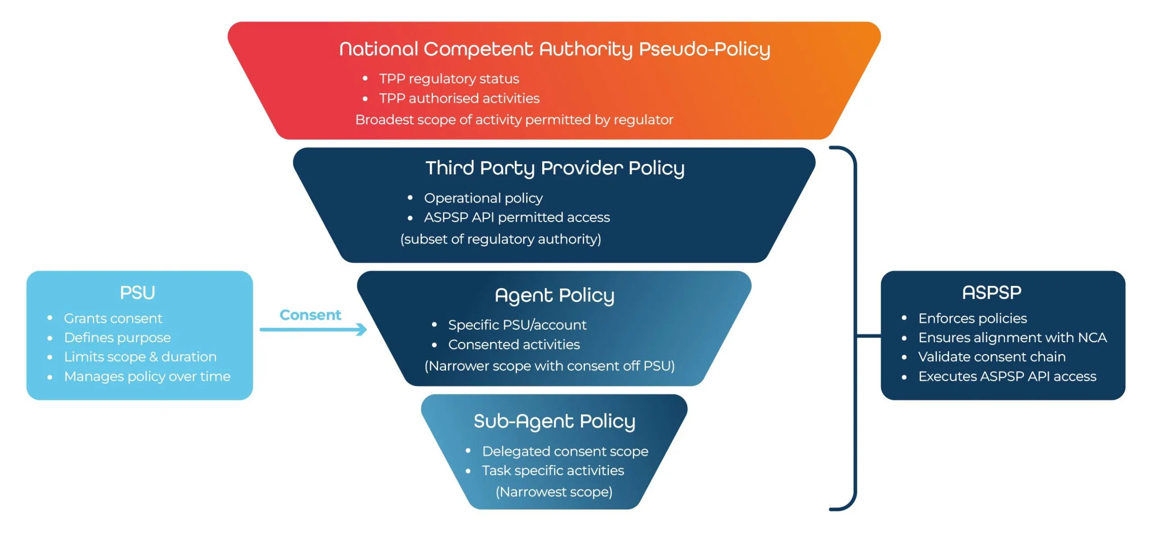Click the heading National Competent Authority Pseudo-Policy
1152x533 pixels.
tap(554, 49)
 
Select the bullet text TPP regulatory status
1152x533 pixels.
tap(449, 79)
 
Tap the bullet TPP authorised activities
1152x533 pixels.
tap(459, 98)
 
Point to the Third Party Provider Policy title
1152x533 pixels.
tap(554, 168)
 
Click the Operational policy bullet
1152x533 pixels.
tap(483, 198)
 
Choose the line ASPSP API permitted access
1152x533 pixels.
tap(517, 217)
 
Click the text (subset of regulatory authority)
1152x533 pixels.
tap(500, 239)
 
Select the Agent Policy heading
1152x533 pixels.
tap(554, 295)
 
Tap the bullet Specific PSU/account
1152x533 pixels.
tap(517, 325)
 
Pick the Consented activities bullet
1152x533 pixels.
tap(513, 345)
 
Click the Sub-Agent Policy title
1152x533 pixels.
tap(554, 421)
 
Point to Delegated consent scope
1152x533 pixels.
tap(565, 451)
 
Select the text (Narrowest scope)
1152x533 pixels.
tap(554, 492)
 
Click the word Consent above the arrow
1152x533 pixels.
tap(310, 315)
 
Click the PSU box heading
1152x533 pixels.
tap(137, 293)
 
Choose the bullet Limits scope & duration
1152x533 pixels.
tap(140, 357)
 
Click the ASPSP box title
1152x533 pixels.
tap(991, 293)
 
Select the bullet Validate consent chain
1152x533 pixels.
tap(991, 357)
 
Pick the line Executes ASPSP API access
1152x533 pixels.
tap(1007, 376)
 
